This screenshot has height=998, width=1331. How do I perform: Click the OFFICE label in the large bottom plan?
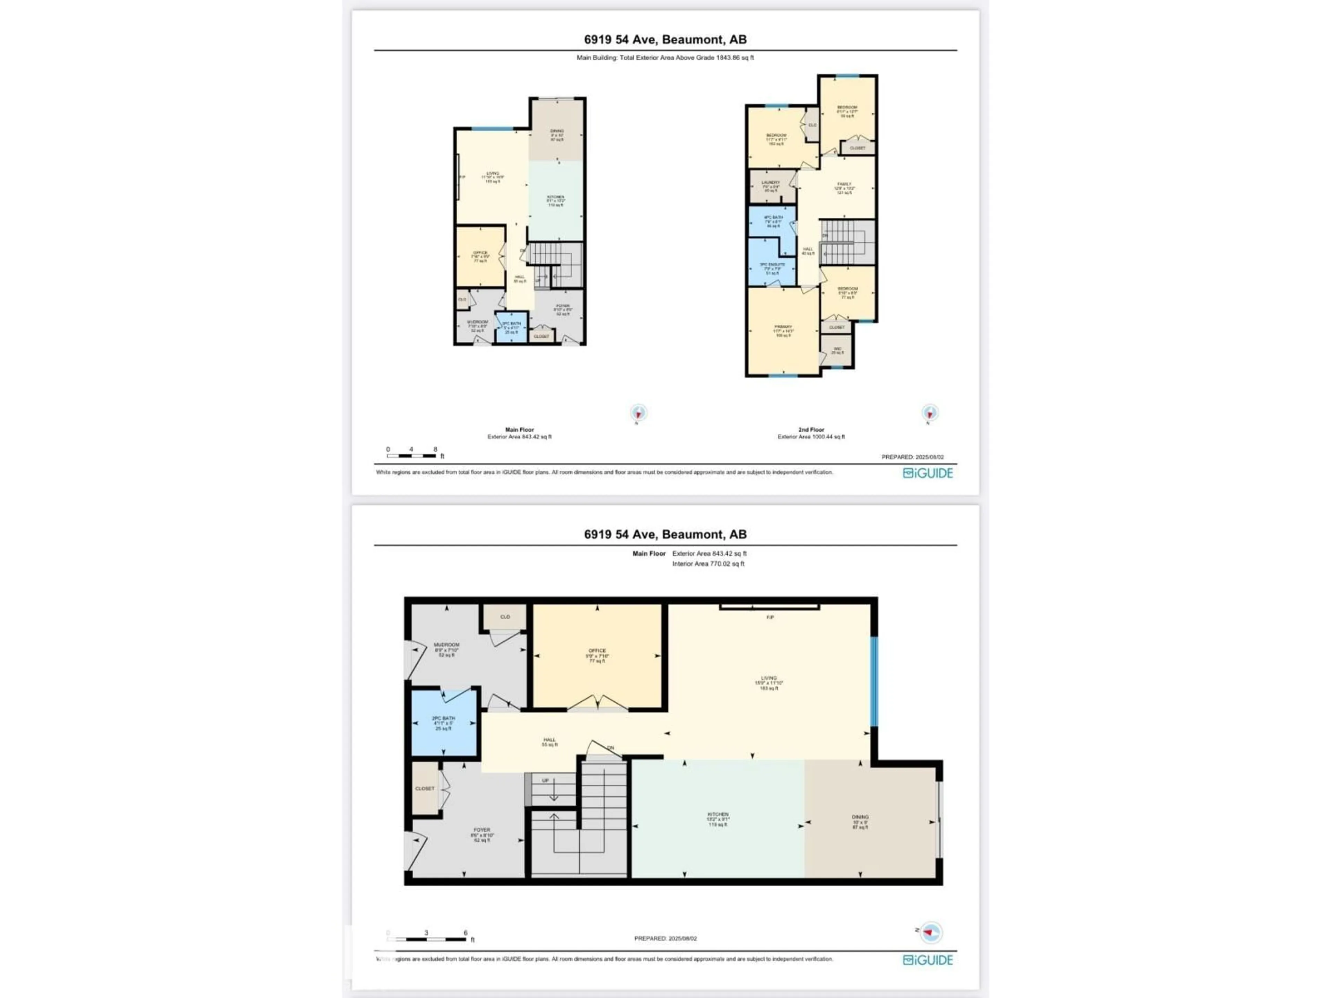tap(597, 651)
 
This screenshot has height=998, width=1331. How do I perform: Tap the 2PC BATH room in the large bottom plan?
tap(443, 723)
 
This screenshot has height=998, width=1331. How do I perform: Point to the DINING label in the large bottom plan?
tap(860, 817)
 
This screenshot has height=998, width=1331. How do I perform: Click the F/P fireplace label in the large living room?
tap(769, 617)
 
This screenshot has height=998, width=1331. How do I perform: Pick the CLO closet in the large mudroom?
tap(505, 617)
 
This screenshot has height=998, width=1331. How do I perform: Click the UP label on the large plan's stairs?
tap(545, 781)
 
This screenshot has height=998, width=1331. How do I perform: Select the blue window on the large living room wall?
tap(874, 682)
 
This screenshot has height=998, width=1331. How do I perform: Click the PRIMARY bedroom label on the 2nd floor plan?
tap(783, 327)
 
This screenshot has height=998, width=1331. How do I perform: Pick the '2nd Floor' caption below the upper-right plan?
tap(810, 429)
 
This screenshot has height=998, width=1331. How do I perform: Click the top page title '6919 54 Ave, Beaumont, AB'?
tap(665, 40)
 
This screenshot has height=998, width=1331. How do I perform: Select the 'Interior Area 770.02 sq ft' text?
tap(708, 564)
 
